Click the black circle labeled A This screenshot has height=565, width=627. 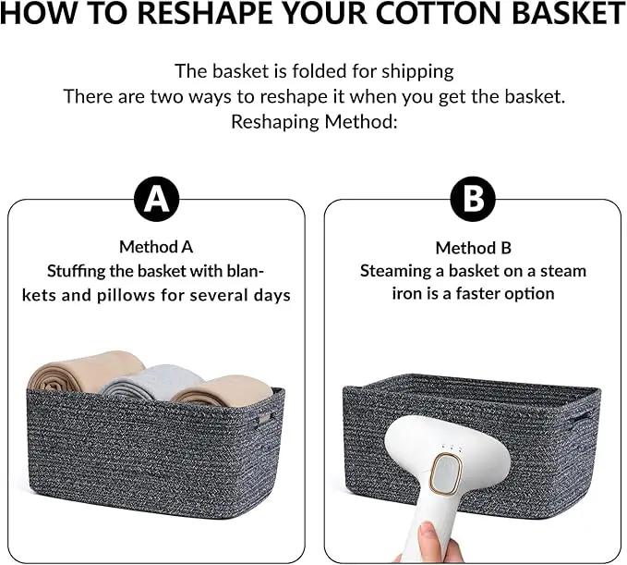(x=156, y=199)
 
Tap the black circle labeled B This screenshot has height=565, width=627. (x=473, y=199)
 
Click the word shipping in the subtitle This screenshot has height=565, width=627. (x=417, y=72)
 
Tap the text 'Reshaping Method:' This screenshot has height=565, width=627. (x=314, y=122)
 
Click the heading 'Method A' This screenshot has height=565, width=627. (x=156, y=247)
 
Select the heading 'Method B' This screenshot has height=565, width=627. (x=474, y=248)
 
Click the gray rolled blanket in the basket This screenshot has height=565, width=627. (x=152, y=383)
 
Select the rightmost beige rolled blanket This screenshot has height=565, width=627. (x=223, y=391)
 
